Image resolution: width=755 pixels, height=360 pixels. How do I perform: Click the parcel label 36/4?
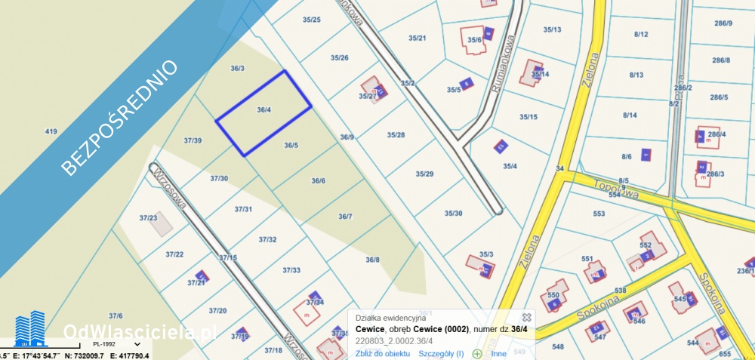263,110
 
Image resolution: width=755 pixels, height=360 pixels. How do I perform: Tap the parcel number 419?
51,132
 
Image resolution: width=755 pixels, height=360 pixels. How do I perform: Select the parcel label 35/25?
311,20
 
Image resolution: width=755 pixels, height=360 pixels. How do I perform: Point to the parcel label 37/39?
193,140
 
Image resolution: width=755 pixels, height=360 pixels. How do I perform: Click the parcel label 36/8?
372,260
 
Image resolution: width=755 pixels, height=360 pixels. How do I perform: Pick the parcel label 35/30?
453,214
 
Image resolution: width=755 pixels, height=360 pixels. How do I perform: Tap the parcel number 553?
599,214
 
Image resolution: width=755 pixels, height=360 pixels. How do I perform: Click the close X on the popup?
527,318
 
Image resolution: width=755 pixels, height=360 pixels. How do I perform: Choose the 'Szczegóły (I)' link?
441,353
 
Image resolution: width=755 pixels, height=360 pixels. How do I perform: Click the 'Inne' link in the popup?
498,353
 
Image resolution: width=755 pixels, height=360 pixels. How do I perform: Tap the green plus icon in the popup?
477,353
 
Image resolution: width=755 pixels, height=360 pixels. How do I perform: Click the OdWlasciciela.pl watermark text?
140,332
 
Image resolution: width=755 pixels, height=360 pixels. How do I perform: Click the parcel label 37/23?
148,218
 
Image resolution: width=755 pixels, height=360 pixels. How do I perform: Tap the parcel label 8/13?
636,75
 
